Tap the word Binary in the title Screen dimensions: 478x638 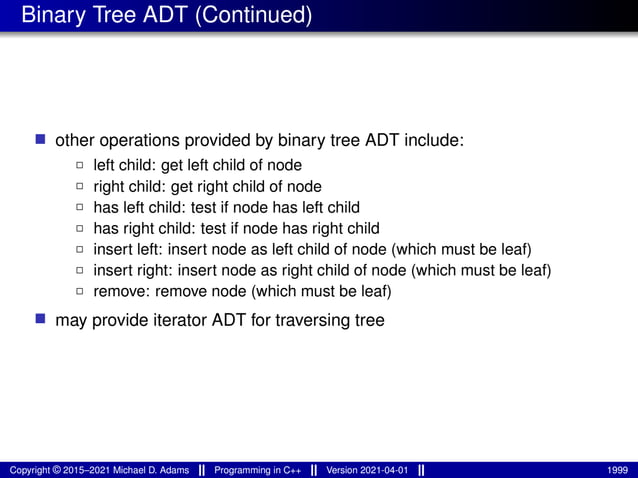tap(50, 17)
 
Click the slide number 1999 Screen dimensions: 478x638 tap(617, 470)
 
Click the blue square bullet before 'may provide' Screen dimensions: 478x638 tap(41, 320)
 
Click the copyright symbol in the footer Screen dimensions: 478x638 tap(57, 470)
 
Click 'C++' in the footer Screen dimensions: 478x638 tap(291, 470)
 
